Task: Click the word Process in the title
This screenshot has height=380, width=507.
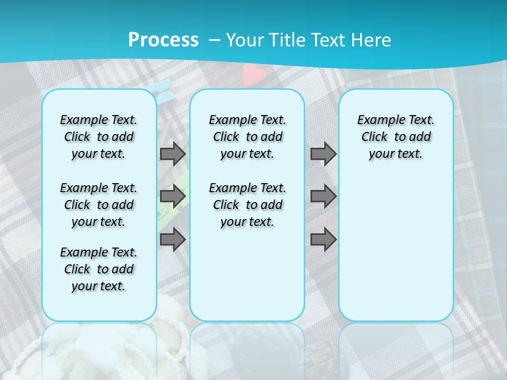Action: (163, 40)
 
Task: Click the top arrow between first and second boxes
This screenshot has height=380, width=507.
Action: (173, 154)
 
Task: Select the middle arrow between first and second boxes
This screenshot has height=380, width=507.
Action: (173, 196)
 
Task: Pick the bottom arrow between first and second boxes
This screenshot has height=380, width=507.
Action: (173, 240)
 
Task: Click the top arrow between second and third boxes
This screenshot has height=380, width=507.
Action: (323, 154)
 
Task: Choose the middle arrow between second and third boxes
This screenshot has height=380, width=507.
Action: (323, 196)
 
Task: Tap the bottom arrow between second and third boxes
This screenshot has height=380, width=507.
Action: (323, 240)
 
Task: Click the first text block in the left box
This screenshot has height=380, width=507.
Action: (99, 137)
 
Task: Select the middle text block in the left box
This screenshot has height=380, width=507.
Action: (99, 205)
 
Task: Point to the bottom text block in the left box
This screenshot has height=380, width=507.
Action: (99, 269)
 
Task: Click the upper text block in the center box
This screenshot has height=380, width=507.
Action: (248, 137)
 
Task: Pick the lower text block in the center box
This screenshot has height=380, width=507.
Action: (248, 205)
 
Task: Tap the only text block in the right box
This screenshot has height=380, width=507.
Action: (396, 137)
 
